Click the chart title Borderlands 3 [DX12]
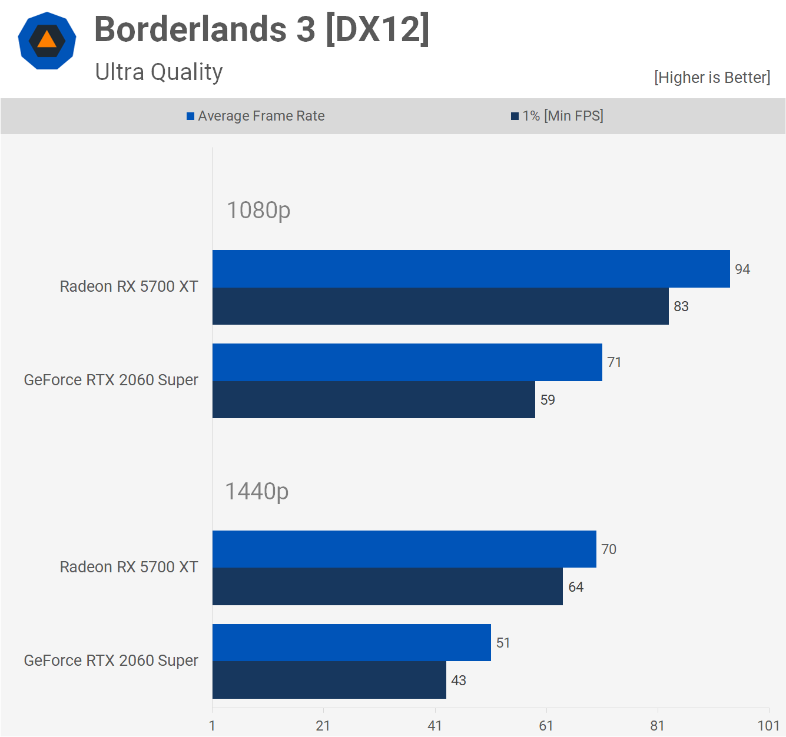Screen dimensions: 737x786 pos(262,29)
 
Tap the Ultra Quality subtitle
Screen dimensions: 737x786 pos(159,72)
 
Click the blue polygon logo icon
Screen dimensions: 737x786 pos(47,41)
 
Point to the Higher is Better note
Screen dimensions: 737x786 pos(712,78)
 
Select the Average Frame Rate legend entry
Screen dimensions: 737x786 pos(256,116)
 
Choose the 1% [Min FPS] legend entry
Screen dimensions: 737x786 pos(557,116)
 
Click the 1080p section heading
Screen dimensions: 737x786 pos(258,211)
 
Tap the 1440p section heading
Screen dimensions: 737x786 pos(257,492)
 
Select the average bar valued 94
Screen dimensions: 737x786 pos(471,269)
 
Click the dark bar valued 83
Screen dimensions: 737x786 pos(440,306)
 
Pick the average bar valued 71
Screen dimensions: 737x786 pos(407,362)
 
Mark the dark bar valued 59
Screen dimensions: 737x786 pos(374,400)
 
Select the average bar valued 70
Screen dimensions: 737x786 pos(404,549)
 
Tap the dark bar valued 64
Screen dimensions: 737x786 pos(387,586)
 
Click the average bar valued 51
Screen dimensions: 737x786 pos(351,643)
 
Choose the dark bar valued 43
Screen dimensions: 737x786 pos(329,680)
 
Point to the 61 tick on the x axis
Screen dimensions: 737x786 pos(546,725)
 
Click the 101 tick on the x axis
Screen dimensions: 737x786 pos(768,725)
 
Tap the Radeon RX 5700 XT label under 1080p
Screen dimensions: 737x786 pos(129,286)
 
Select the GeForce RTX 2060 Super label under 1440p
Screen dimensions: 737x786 pos(111,661)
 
